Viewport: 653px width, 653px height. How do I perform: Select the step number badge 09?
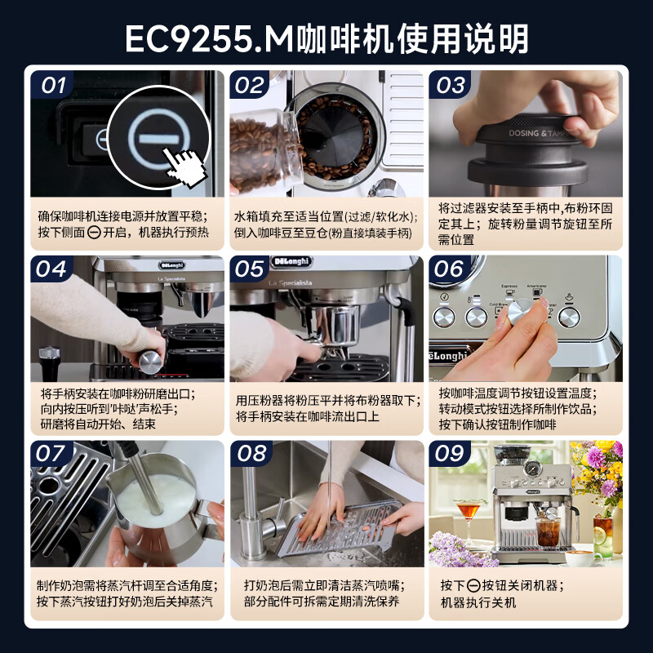[450, 455]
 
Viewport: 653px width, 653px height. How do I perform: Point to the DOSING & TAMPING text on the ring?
[536, 133]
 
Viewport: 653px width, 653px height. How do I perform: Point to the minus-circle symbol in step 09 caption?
[473, 585]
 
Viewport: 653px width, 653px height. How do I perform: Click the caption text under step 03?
[526, 224]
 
